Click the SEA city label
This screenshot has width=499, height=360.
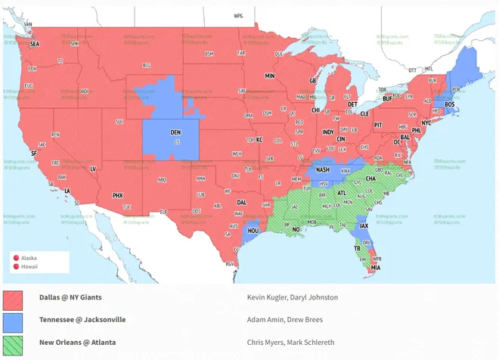pos(34,44)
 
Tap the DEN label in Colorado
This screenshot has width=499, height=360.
pos(175,130)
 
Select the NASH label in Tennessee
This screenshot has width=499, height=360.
pos(323,169)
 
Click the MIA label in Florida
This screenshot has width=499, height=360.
pos(376,267)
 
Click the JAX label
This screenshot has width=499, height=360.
pos(364,225)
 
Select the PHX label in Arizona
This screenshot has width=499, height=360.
pos(117,195)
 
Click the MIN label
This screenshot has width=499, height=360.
pos(269,76)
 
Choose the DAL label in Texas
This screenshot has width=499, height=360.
pos(241,203)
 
